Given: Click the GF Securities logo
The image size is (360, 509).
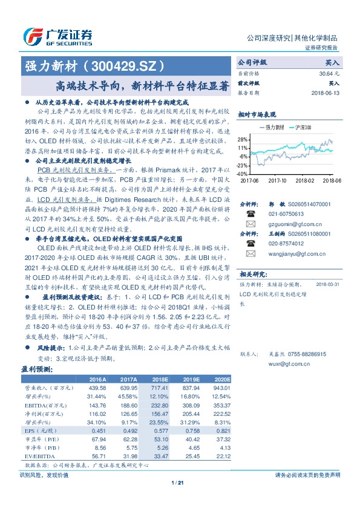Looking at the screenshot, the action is (57, 36).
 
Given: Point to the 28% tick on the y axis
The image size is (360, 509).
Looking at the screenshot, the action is (243, 139).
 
